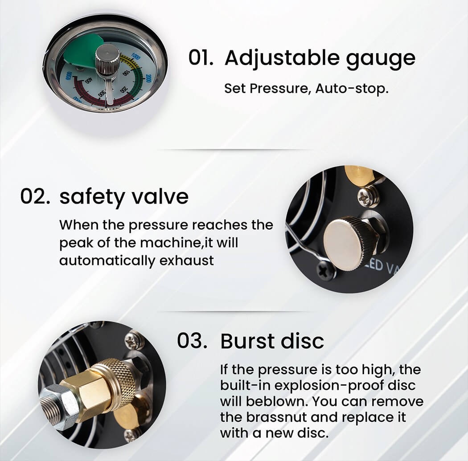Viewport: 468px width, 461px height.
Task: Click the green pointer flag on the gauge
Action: pyautogui.click(x=83, y=51)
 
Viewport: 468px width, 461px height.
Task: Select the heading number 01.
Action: pyautogui.click(x=201, y=57)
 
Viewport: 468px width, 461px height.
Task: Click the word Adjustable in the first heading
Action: pyautogui.click(x=282, y=58)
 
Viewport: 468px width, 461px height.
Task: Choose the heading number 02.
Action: pyautogui.click(x=35, y=196)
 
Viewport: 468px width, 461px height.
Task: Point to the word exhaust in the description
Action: pyautogui.click(x=187, y=260)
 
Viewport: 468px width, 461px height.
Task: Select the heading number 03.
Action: pyautogui.click(x=192, y=341)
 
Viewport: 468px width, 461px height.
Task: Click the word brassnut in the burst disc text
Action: pyautogui.click(x=277, y=417)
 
